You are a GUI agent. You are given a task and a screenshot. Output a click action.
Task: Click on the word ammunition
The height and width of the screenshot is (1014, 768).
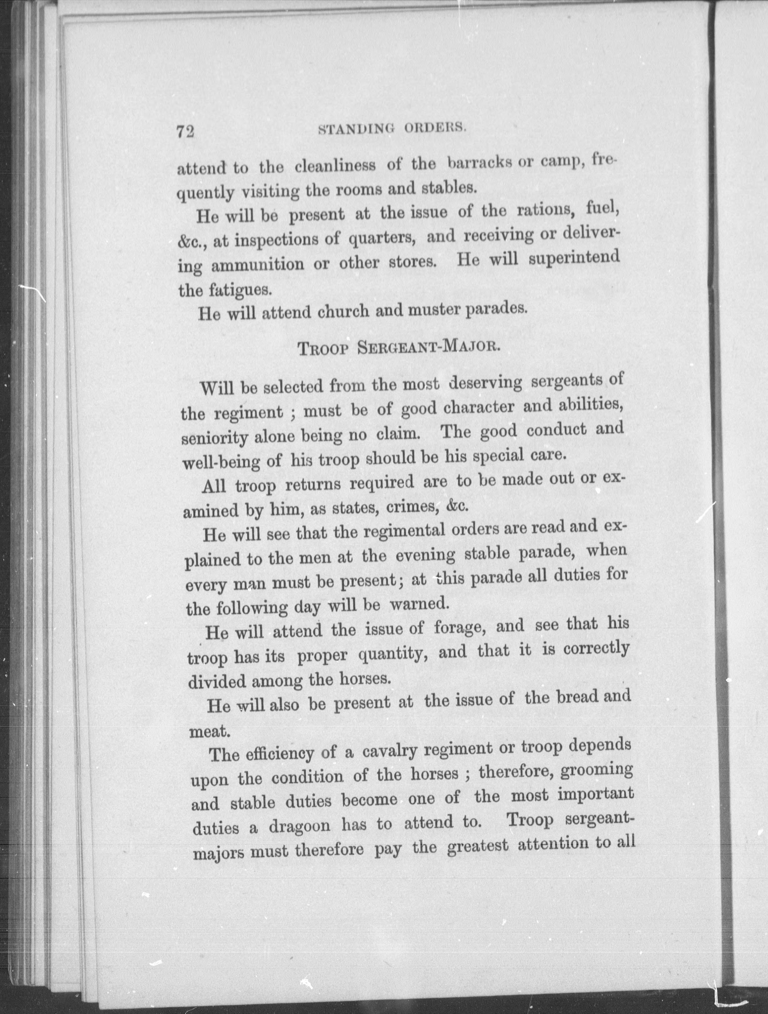pyautogui.click(x=257, y=265)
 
